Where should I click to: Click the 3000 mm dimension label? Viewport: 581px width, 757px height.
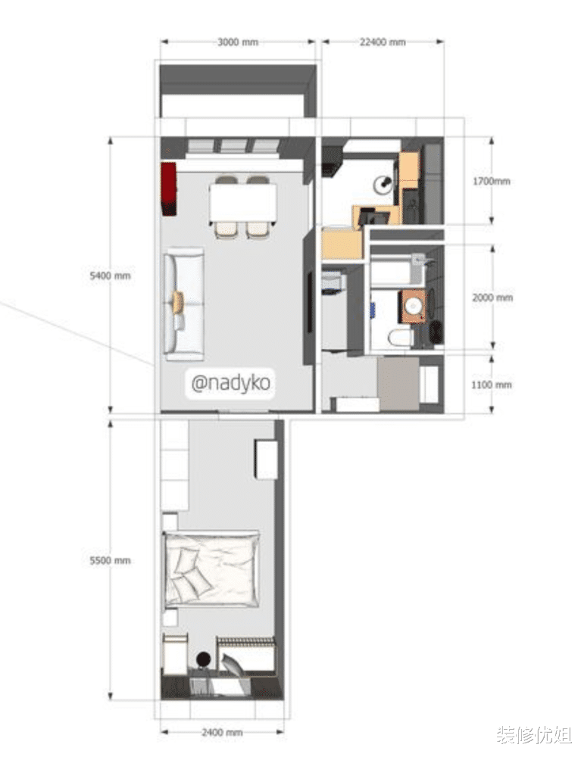pyautogui.click(x=238, y=42)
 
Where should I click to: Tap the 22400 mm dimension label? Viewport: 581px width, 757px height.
pyautogui.click(x=383, y=42)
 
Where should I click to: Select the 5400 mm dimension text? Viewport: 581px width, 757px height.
pyautogui.click(x=110, y=276)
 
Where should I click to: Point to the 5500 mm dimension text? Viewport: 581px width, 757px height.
pyautogui.click(x=110, y=560)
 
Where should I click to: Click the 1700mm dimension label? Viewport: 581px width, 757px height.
pyautogui.click(x=491, y=182)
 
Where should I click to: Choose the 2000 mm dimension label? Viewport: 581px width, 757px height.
pyautogui.click(x=492, y=298)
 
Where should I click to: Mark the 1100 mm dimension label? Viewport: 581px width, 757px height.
pyautogui.click(x=491, y=385)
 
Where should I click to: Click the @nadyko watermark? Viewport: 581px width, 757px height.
pyautogui.click(x=230, y=384)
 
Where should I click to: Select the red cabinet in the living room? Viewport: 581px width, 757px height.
pyautogui.click(x=169, y=189)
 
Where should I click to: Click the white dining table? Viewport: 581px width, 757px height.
pyautogui.click(x=243, y=204)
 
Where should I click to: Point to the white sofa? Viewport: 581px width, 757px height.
pyautogui.click(x=184, y=304)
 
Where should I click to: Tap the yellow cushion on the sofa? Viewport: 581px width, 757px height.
pyautogui.click(x=178, y=302)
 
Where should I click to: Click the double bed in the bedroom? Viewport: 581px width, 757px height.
pyautogui.click(x=211, y=569)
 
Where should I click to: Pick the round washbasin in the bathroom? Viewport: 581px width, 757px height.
pyautogui.click(x=414, y=306)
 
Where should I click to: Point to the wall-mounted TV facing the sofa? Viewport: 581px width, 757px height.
pyautogui.click(x=310, y=303)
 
